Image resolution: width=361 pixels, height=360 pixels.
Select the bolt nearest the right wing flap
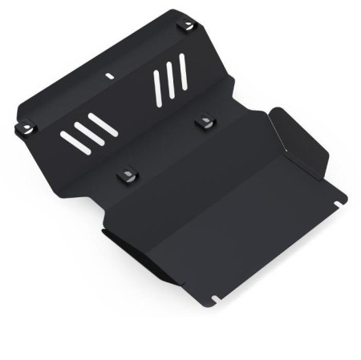(x=206, y=122)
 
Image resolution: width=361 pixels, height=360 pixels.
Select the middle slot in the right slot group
(x=171, y=79)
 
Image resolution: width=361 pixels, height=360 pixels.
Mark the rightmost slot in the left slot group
(x=103, y=123)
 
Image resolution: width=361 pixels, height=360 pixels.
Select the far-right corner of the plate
(x=344, y=195)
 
